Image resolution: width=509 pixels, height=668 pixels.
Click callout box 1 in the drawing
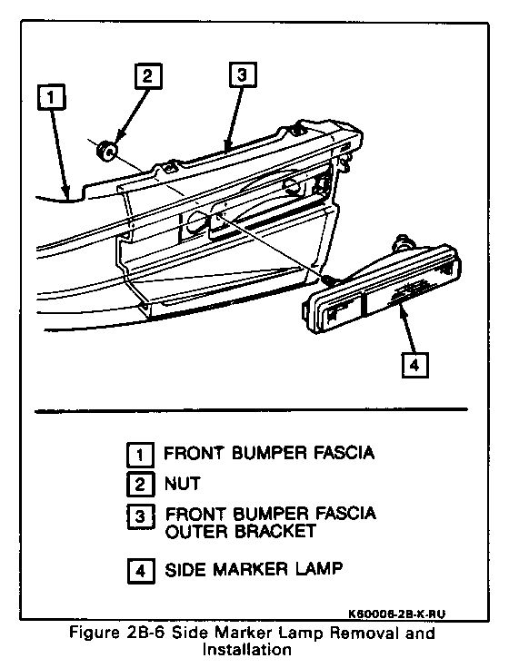[x=51, y=97]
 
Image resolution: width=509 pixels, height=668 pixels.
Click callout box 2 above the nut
[x=148, y=76]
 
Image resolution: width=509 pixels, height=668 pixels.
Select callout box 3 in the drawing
[x=242, y=75]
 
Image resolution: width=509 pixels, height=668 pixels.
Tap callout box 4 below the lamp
[x=414, y=365]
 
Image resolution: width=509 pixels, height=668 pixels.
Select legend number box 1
[x=140, y=455]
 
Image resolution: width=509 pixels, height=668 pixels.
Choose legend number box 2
[x=140, y=485]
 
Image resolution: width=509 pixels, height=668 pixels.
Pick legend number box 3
[x=140, y=516]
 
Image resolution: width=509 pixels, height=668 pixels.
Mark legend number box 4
[x=140, y=570]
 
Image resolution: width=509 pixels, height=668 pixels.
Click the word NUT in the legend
[x=182, y=484]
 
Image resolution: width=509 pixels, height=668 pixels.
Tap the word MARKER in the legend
[x=250, y=569]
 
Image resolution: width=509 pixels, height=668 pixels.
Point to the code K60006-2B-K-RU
[x=397, y=614]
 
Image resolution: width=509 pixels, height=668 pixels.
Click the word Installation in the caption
[x=247, y=649]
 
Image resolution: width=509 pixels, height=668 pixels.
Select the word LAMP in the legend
[x=320, y=569]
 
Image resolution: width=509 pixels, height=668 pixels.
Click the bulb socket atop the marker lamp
[x=404, y=242]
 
